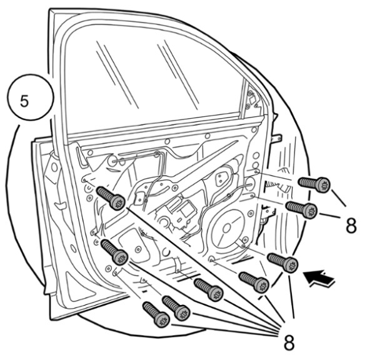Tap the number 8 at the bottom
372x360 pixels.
289,342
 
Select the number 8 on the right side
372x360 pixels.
351,226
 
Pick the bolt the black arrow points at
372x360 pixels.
283,262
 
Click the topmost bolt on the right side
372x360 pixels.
314,185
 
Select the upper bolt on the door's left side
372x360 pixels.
111,198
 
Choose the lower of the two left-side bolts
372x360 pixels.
114,252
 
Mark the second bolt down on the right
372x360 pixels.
301,209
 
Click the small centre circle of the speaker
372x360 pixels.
226,228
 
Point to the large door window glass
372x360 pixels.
152,78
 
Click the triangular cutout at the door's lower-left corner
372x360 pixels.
78,287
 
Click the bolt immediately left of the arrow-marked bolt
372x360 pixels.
254,282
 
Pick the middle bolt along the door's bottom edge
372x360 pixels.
176,308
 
